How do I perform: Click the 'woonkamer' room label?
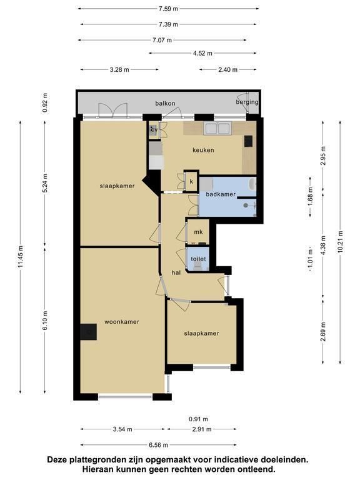click(122, 322)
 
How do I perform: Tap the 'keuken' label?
click(203, 150)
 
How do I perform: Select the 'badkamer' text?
click(221, 194)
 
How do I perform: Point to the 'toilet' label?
click(198, 259)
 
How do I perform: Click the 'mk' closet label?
click(198, 232)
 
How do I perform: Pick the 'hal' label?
click(176, 272)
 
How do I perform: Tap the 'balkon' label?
click(165, 103)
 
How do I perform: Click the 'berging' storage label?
click(247, 102)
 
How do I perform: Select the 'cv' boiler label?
click(154, 130)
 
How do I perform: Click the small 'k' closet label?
click(192, 181)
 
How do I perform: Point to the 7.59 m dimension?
click(168, 9)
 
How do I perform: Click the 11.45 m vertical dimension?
click(21, 257)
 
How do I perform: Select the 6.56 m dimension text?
click(158, 445)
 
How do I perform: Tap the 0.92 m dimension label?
click(45, 102)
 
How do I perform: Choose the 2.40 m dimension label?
click(227, 70)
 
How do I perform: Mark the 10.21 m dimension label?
click(341, 242)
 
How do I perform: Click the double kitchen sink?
click(217, 129)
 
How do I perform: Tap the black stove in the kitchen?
click(248, 141)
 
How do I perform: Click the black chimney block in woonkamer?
click(89, 332)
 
